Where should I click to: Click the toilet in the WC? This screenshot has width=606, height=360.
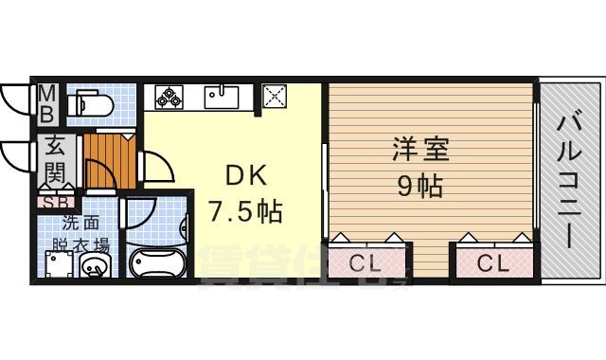[x=95, y=102]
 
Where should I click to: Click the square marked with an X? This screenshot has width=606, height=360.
[x=276, y=96]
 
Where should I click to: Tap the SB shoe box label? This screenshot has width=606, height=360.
[x=51, y=202]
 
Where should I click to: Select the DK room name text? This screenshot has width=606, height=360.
[x=246, y=177]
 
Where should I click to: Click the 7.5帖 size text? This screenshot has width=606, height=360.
[x=245, y=211]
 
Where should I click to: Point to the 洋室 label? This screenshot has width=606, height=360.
[x=421, y=150]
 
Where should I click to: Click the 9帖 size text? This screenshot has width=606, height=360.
[x=420, y=185]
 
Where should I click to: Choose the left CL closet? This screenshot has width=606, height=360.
[x=368, y=262]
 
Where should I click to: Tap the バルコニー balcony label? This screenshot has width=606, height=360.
[x=569, y=180]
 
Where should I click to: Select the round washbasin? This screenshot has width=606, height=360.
[x=95, y=267]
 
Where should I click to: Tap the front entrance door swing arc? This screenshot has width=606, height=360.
[x=17, y=156]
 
